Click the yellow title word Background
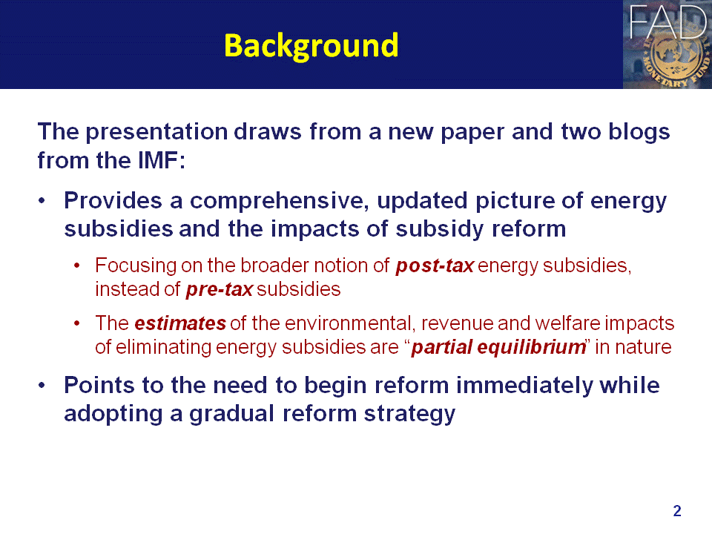(311, 46)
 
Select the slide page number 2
(677, 511)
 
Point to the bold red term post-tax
(435, 266)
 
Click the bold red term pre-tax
(220, 289)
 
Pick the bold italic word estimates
(180, 323)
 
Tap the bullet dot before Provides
(42, 201)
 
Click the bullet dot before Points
(42, 386)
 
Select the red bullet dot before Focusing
(76, 266)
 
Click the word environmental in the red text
(348, 323)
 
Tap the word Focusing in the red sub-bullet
(136, 266)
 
